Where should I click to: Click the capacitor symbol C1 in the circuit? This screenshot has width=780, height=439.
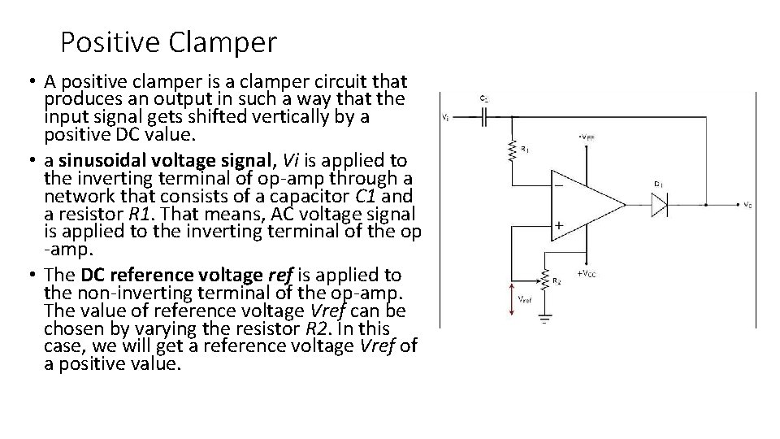[x=484, y=116]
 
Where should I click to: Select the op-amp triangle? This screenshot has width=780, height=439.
[x=585, y=203]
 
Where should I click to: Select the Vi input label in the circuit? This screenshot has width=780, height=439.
[x=445, y=116]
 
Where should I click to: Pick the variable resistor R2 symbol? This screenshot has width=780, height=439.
[x=545, y=278]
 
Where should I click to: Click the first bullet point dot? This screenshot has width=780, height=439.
[x=29, y=82]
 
